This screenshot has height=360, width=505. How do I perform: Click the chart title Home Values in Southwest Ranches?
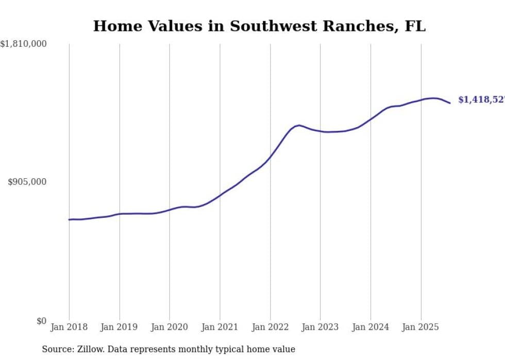(x=259, y=26)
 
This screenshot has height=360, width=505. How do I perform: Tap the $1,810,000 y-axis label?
(x=24, y=44)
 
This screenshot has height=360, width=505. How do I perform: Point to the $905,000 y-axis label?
(x=27, y=182)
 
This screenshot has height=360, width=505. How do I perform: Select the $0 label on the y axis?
(x=41, y=321)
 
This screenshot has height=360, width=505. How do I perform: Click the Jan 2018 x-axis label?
(x=69, y=327)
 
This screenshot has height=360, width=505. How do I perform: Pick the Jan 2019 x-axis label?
(x=120, y=327)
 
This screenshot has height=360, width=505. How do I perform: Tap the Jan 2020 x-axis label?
(x=170, y=327)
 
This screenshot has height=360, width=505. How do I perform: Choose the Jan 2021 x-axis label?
(x=220, y=327)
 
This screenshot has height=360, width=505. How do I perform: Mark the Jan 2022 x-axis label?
(x=270, y=327)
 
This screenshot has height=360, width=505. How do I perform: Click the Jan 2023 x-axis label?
(x=321, y=327)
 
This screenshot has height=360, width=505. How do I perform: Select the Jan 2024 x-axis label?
(x=371, y=327)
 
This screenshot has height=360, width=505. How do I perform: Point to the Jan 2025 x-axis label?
(x=421, y=327)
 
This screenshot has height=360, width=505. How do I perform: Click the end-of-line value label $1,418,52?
(x=481, y=100)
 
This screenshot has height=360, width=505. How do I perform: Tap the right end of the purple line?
(x=450, y=103)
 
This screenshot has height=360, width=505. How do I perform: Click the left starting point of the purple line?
(x=69, y=220)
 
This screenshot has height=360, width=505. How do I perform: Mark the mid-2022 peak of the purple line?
(x=299, y=125)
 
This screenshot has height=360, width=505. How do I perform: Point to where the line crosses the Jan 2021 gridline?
(x=220, y=195)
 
